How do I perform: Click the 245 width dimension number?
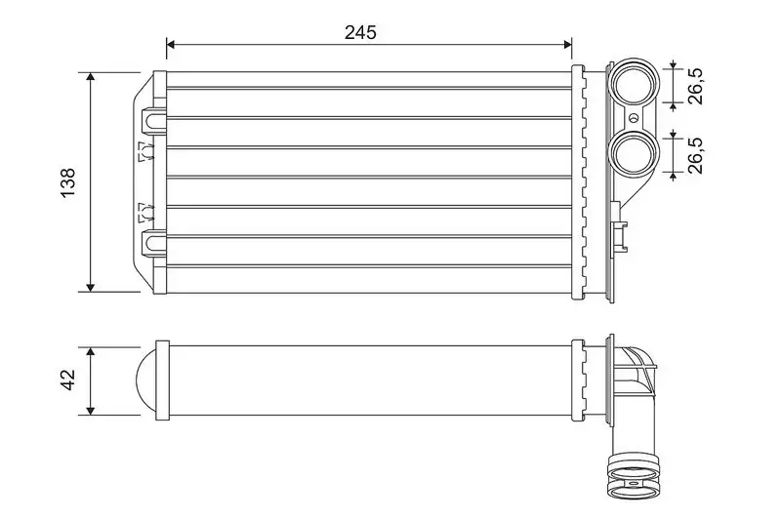pos(360,31)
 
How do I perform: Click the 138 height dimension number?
pos(67,181)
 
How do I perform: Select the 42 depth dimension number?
pos(67,380)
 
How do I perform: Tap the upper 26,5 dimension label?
pos(695,85)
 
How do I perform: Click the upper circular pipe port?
pos(633,84)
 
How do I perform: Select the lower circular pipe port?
pos(633,152)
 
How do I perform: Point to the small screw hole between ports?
pos(633,119)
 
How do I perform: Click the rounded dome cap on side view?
pos(144,380)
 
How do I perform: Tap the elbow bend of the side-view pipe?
pos(635,371)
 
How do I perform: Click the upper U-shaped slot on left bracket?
pos(153,118)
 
